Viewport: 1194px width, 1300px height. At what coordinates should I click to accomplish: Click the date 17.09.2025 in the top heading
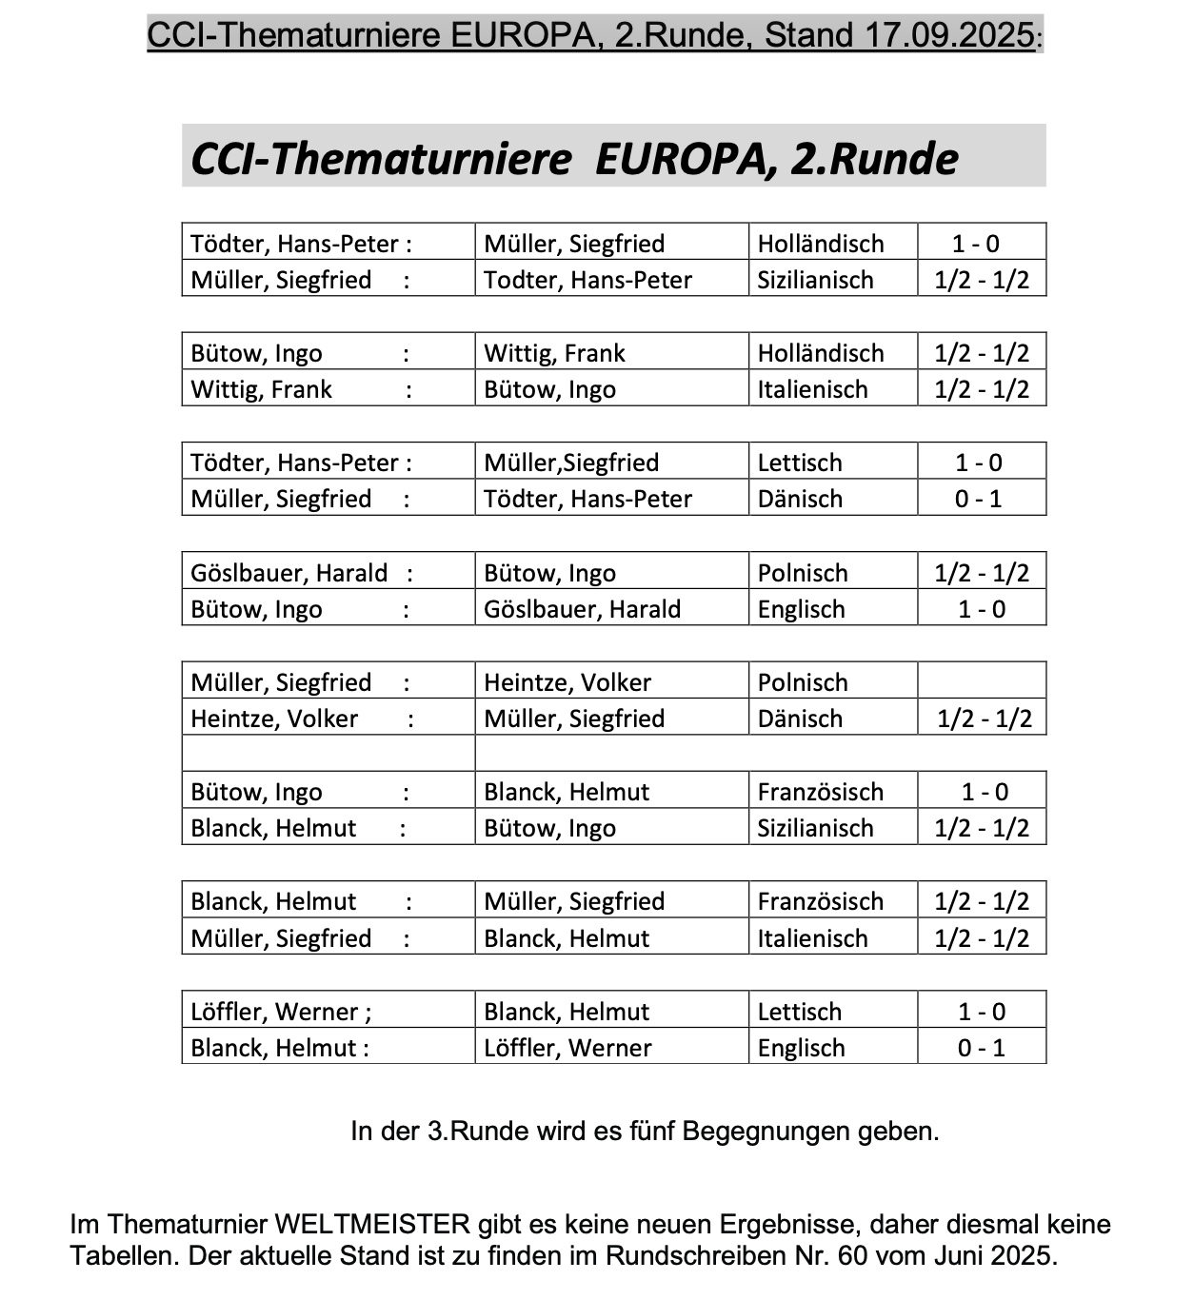click(x=949, y=35)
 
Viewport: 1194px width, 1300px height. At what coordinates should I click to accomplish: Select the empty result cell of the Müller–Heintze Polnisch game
click(x=982, y=681)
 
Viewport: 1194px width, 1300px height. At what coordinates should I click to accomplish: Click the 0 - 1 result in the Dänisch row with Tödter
click(x=979, y=499)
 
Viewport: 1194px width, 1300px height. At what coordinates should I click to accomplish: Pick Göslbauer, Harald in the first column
click(x=289, y=573)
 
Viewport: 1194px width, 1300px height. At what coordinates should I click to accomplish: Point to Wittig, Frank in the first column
click(x=261, y=389)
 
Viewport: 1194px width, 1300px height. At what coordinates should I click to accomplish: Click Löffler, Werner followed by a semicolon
click(x=281, y=1012)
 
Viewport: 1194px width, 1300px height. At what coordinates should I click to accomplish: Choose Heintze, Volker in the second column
click(x=567, y=682)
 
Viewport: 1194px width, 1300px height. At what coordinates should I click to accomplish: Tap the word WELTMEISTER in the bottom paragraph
click(x=372, y=1224)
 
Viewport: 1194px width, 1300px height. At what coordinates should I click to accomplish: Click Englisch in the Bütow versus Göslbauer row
click(x=801, y=609)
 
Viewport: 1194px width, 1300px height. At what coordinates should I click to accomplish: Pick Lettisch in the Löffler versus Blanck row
click(x=800, y=1012)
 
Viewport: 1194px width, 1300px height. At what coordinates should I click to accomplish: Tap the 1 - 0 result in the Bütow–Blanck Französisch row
click(x=984, y=792)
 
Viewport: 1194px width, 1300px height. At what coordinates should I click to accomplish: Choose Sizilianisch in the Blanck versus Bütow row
click(x=815, y=828)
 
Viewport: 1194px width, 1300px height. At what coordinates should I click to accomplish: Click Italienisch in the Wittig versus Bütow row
click(x=812, y=389)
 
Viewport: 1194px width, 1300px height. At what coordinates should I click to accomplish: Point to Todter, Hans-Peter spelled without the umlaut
click(x=587, y=280)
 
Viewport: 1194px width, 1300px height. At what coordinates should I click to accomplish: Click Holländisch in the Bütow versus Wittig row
click(x=821, y=353)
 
